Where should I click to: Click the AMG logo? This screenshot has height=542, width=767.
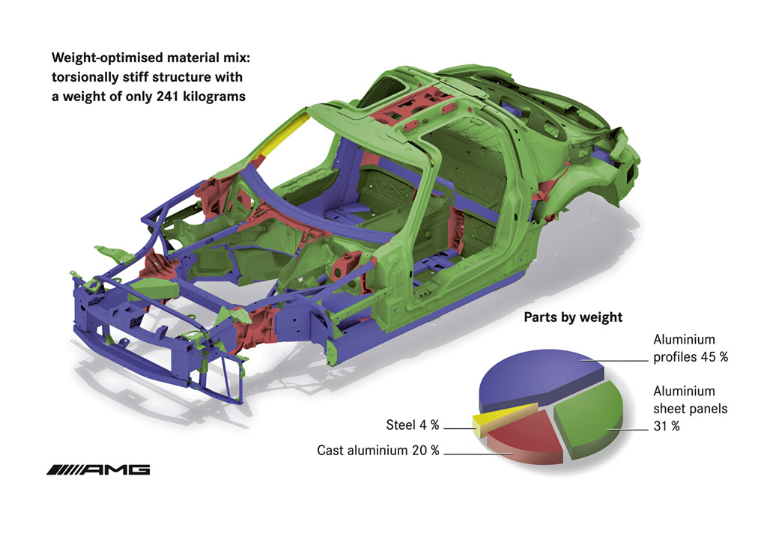click(98, 469)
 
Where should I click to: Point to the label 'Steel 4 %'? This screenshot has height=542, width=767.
click(413, 424)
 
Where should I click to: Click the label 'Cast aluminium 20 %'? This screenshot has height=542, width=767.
click(378, 450)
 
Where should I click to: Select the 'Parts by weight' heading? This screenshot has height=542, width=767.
click(573, 317)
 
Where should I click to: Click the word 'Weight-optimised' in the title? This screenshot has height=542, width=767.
click(107, 58)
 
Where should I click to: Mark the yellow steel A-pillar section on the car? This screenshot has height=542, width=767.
click(282, 133)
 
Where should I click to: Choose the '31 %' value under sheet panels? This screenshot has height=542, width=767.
click(667, 426)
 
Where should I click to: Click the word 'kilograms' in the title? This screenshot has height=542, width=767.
click(214, 97)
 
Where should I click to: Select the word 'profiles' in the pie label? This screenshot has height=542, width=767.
click(675, 357)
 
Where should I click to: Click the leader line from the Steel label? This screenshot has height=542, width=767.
click(459, 429)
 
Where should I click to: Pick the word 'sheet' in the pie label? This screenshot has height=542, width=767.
click(668, 409)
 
